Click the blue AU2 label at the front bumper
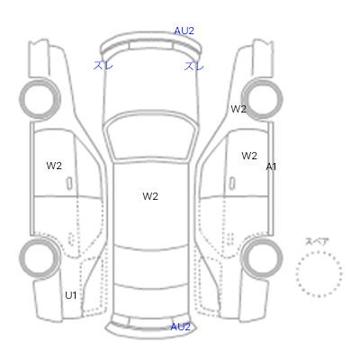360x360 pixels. click(x=184, y=31)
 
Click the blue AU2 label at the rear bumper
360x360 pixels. click(x=180, y=327)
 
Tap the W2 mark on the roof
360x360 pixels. click(x=150, y=196)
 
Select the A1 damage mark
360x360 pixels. click(x=271, y=166)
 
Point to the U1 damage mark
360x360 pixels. click(x=71, y=295)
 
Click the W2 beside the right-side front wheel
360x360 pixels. click(x=238, y=109)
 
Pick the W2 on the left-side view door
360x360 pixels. click(x=54, y=166)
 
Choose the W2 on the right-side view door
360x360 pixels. click(x=249, y=156)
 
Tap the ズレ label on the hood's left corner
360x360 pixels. click(x=103, y=65)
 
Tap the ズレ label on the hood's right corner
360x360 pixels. click(x=194, y=66)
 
